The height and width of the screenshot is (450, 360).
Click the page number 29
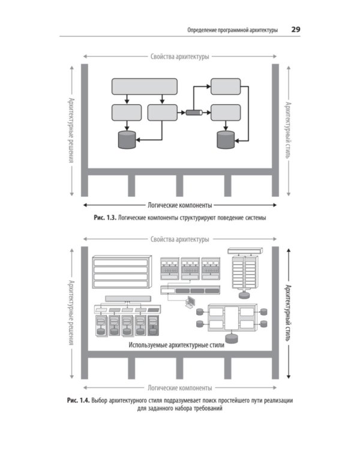[296, 29]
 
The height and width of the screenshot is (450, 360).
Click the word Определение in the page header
[204, 29]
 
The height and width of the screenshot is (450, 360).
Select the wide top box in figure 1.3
[145, 86]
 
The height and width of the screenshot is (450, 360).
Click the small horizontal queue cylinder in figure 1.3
[194, 112]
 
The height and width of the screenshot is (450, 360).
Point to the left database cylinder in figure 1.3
[127, 140]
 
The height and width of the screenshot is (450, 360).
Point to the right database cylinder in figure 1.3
[226, 140]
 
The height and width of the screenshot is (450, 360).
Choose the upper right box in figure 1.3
[226, 86]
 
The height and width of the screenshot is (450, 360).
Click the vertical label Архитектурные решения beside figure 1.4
[71, 313]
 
